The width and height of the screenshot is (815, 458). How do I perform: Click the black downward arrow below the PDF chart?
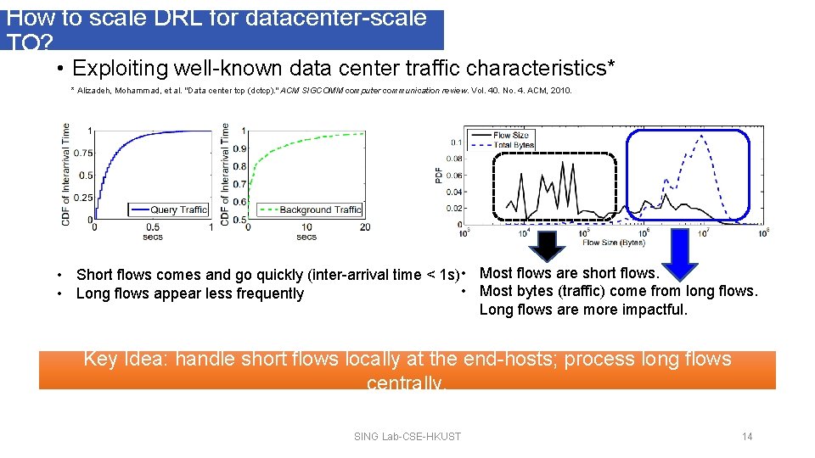549,246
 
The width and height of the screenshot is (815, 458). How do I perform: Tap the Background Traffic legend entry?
311,209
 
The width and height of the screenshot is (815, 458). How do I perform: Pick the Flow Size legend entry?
510,135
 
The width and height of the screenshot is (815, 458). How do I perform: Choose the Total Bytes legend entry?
513,145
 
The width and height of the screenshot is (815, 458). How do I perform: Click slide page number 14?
747,437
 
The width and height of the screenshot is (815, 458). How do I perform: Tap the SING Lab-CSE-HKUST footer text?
407,437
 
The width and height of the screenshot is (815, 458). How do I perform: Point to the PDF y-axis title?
439,175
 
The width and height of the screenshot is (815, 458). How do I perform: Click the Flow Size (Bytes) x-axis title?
613,243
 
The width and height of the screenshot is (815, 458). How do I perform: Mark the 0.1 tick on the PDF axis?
457,142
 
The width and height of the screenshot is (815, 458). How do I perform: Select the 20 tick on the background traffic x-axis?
365,226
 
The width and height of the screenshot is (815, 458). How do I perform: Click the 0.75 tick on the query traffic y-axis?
82,153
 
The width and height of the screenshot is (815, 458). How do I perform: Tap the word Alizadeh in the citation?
97,90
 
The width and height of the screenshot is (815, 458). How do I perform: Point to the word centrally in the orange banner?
406,383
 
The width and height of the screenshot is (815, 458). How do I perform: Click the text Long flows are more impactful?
583,310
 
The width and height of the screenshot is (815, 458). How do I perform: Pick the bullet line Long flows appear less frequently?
189,293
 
